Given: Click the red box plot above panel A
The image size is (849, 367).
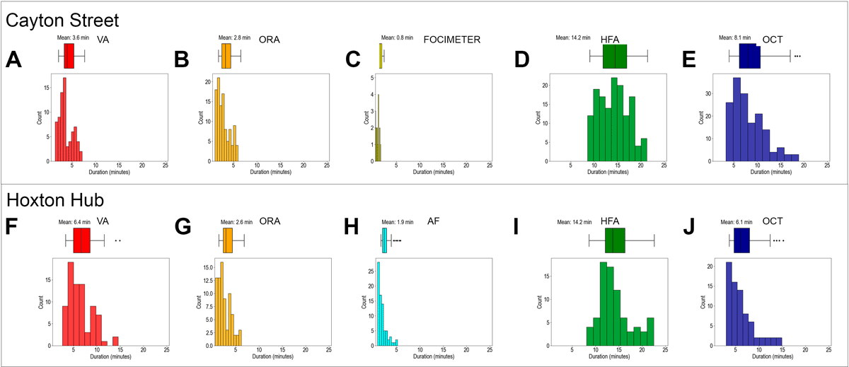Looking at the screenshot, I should (69, 55).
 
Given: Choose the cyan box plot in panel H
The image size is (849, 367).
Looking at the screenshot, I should (384, 240).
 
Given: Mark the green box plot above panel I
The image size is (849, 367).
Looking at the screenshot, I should (614, 241).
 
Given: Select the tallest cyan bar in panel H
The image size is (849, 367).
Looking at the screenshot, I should (379, 304).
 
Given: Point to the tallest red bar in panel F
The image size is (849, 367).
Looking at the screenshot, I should (71, 304).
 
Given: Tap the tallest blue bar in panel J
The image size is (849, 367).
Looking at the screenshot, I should (729, 304).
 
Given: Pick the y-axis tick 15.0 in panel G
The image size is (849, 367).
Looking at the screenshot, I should (205, 267).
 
